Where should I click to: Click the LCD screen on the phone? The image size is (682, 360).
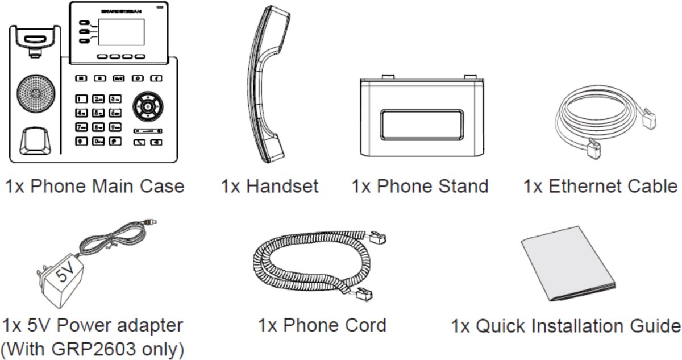click(121, 32)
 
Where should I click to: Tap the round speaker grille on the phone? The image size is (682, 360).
click(36, 93)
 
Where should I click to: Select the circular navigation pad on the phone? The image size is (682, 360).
click(148, 106)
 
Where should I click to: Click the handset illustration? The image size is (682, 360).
click(268, 84)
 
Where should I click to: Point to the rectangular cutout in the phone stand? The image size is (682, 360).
click(422, 125)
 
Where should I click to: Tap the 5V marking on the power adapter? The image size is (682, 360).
click(65, 272)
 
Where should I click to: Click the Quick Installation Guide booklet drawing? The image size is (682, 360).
click(568, 264)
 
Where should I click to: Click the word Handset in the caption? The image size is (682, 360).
click(282, 186)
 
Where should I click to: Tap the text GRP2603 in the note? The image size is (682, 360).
click(93, 349)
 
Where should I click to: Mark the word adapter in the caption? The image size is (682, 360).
click(150, 326)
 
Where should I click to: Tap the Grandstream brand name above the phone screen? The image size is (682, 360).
click(121, 11)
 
